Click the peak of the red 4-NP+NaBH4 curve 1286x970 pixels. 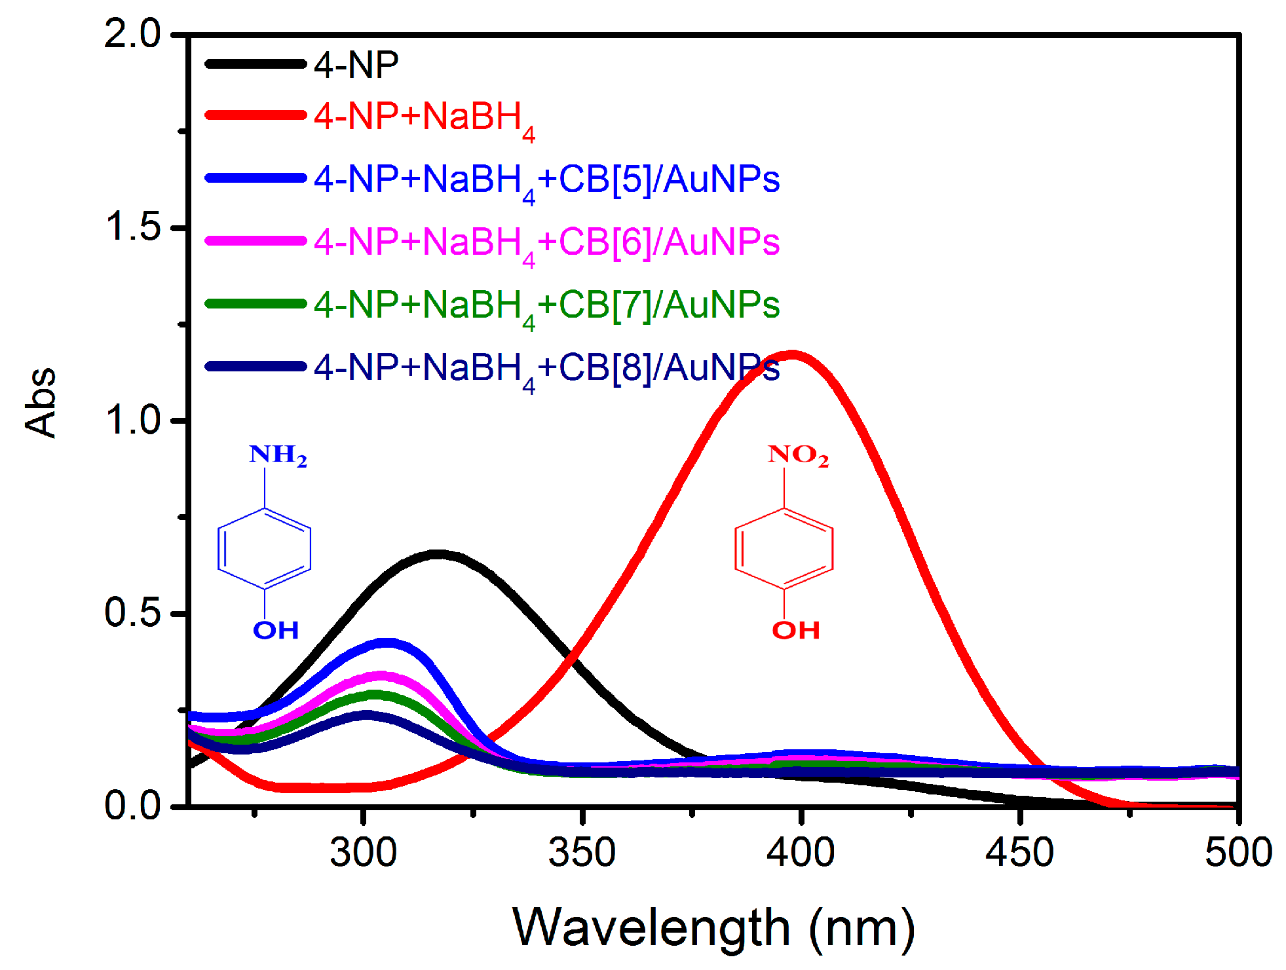[x=793, y=356]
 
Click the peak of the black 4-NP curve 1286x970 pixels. [x=438, y=554]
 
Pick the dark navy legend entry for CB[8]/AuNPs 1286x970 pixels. [x=546, y=368]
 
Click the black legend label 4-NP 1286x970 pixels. [x=356, y=65]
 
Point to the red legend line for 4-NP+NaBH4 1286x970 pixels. [x=255, y=115]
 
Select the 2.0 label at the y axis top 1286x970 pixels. [x=132, y=33]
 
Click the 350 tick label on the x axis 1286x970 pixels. [x=582, y=853]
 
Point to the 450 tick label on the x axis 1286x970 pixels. [x=1019, y=853]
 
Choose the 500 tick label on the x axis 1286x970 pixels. [x=1238, y=853]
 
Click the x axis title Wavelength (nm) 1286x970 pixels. [x=713, y=927]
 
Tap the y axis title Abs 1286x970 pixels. [x=41, y=401]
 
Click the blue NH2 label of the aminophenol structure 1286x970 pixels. [x=278, y=455]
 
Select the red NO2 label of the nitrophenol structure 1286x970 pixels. [x=798, y=455]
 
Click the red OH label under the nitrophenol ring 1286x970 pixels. [x=795, y=630]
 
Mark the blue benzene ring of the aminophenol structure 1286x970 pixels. [x=264, y=548]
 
